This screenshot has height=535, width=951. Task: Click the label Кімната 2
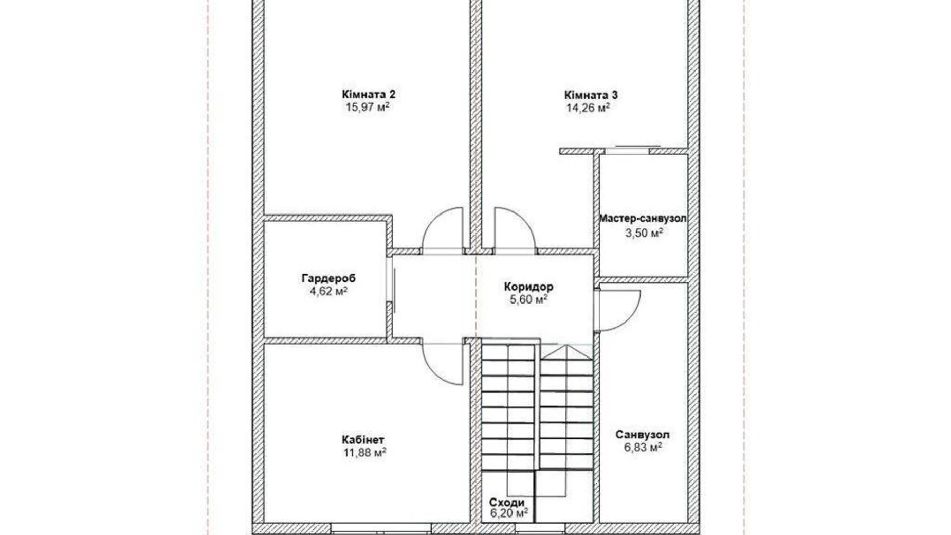369,94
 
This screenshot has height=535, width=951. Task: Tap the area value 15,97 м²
367,108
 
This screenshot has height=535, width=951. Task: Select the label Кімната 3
591,95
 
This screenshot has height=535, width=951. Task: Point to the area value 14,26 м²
588,108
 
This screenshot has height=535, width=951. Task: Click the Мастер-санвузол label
643,219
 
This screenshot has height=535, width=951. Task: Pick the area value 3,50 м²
644,233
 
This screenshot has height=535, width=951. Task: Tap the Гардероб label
328,278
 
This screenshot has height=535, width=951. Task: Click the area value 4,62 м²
328,292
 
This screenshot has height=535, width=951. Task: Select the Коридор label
528,287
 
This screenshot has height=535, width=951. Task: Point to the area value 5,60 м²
528,299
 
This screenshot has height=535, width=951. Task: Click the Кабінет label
363,440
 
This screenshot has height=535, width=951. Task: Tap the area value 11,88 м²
364,453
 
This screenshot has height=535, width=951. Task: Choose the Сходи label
507,502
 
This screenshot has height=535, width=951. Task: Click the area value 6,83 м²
643,448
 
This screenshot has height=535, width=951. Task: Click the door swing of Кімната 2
443,229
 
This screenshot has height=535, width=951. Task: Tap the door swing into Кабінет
443,363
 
